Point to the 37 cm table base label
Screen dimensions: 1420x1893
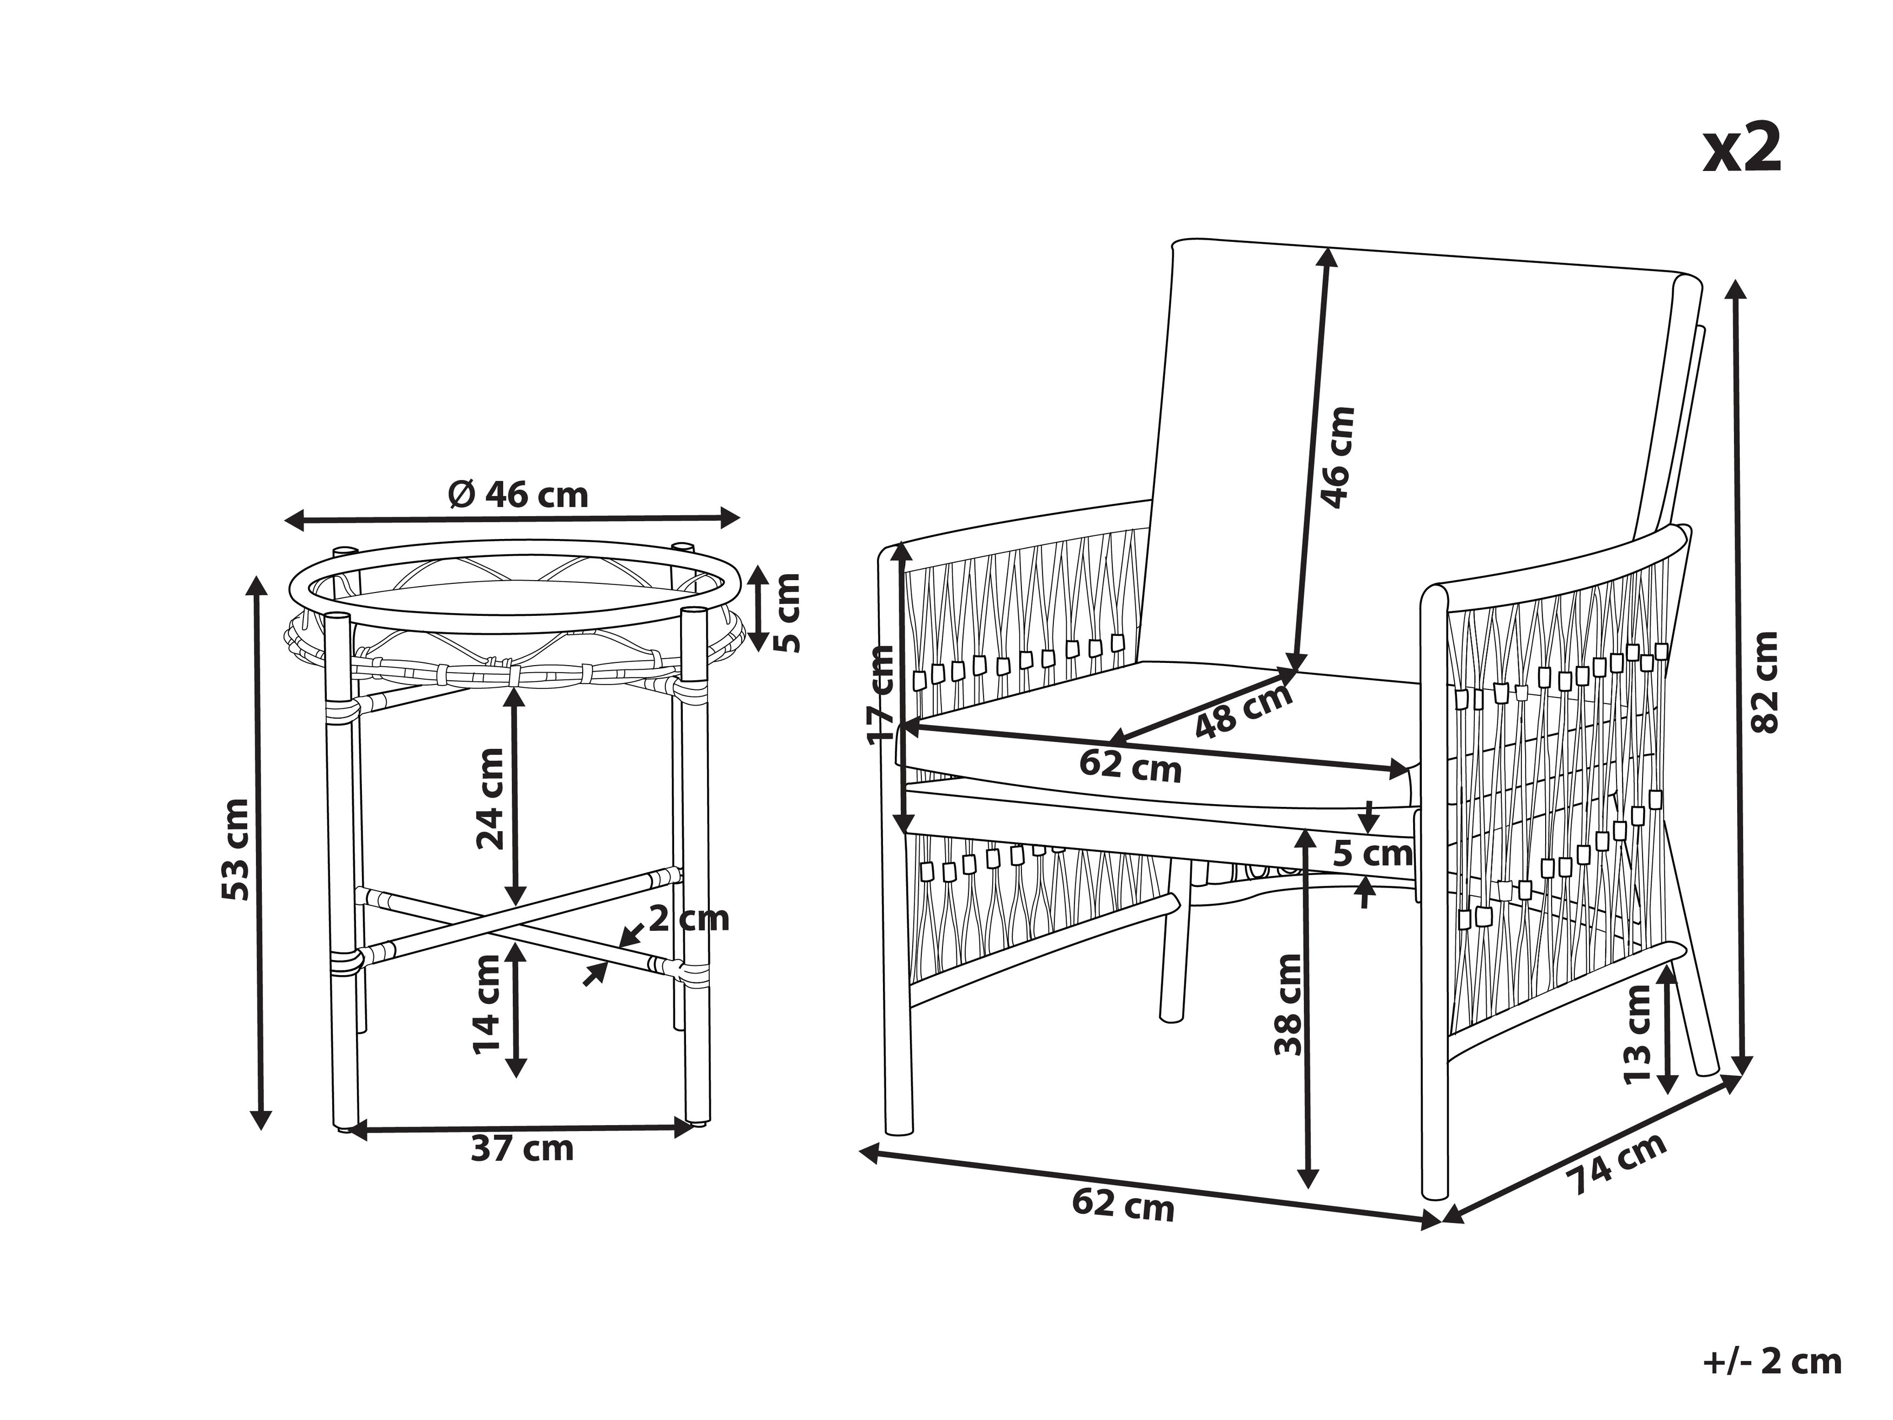click(522, 1149)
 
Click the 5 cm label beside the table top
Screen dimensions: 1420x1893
click(787, 612)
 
